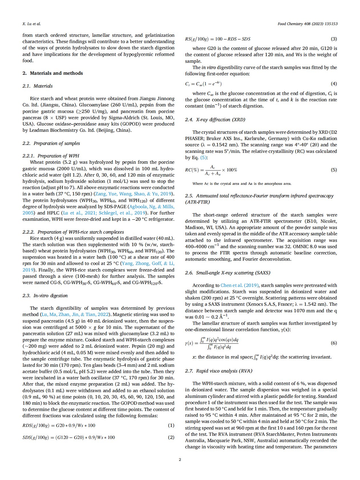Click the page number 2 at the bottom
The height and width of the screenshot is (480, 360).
(x=180, y=459)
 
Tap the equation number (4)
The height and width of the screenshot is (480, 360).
(x=333, y=84)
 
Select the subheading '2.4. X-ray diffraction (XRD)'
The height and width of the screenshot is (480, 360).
(x=215, y=120)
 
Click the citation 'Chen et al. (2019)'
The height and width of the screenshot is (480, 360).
(x=239, y=285)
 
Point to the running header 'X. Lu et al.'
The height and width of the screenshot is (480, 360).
(x=32, y=24)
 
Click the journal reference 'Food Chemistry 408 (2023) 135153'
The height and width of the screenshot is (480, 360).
(x=307, y=24)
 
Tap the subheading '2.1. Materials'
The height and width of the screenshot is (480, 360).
(x=37, y=86)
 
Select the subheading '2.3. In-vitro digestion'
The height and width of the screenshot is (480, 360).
(x=45, y=295)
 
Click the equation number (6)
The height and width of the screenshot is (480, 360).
(x=333, y=343)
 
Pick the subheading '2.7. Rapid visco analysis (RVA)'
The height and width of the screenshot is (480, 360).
(x=219, y=371)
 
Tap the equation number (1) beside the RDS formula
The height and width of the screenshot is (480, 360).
(x=171, y=425)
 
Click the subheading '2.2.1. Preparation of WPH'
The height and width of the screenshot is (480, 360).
(x=51, y=156)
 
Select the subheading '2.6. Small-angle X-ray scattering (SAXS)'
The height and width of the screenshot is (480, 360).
(x=227, y=273)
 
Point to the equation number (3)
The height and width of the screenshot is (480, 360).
(x=333, y=39)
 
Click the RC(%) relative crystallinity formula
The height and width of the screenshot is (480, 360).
(x=211, y=170)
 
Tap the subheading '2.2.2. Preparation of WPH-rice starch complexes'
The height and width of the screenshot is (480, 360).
(x=73, y=232)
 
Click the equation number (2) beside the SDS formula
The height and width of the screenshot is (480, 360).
(x=171, y=437)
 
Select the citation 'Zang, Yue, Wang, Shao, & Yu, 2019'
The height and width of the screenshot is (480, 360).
(x=134, y=194)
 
